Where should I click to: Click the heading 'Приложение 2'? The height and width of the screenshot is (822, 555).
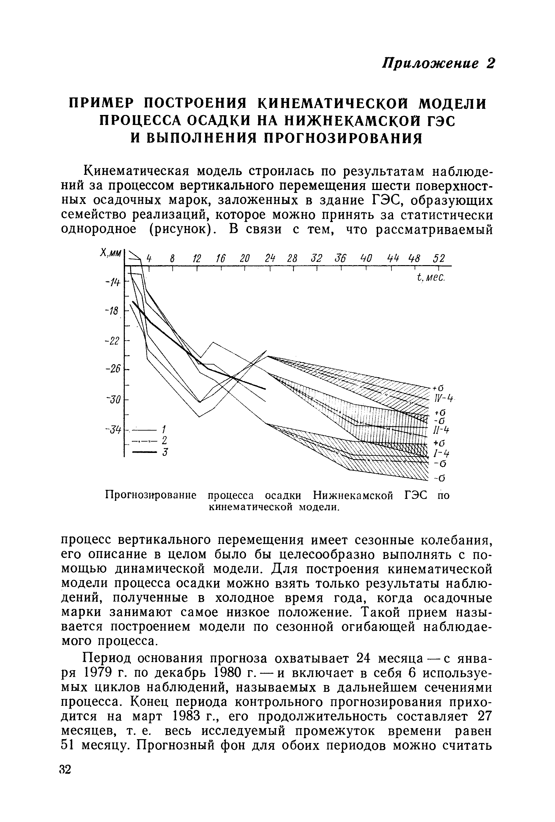pos(438,64)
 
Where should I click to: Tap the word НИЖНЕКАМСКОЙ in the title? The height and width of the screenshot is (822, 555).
pos(357,121)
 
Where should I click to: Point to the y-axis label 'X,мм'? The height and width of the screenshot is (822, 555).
pos(111,253)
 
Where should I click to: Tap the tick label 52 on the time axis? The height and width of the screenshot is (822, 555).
pos(439,259)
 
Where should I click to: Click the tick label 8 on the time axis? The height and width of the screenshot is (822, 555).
pos(172,259)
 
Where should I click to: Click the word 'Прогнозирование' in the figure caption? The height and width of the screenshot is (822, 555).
pos(151,496)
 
